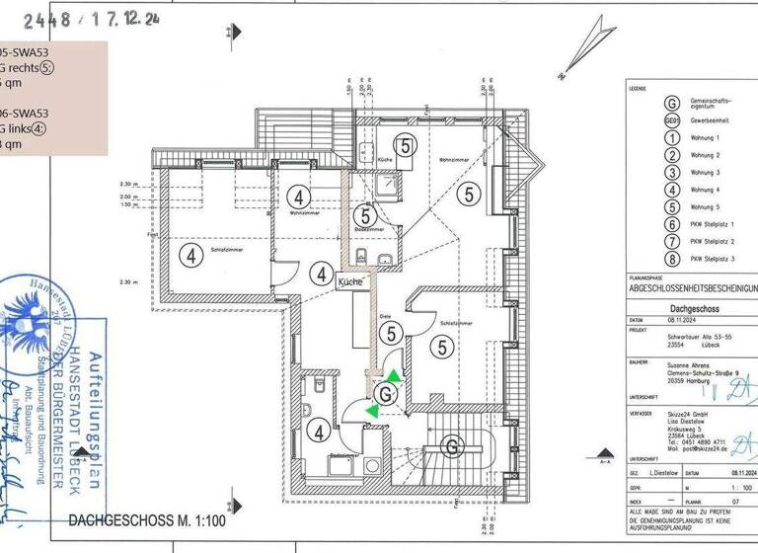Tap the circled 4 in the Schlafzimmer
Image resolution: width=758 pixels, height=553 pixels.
[x=189, y=255]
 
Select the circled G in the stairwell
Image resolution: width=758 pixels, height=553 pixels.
[x=452, y=446]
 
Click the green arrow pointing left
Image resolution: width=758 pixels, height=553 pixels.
[x=372, y=410]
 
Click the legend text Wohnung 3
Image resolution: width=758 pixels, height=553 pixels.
[x=705, y=173]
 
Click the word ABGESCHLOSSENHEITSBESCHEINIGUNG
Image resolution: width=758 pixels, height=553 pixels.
[x=691, y=290]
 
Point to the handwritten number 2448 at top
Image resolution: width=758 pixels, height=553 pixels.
[x=50, y=18]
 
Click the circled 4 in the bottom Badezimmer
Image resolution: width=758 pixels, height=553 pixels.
[x=320, y=431]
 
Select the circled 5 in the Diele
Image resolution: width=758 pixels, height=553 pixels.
[x=392, y=334]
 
